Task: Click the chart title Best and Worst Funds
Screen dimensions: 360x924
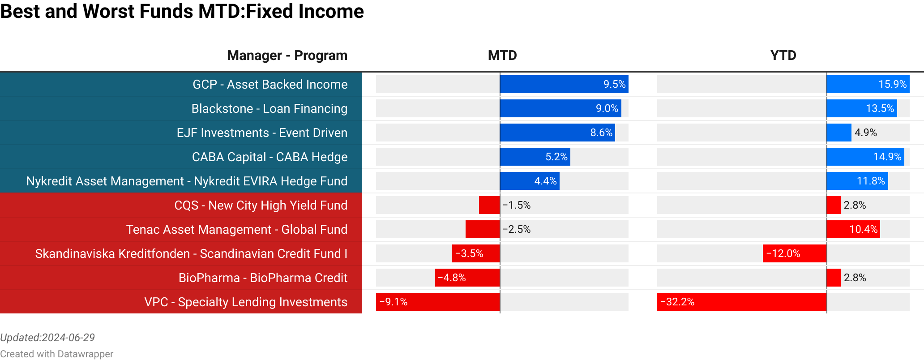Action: pyautogui.click(x=182, y=12)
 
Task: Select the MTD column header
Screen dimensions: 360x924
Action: pyautogui.click(x=502, y=56)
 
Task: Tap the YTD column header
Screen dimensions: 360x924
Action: pyautogui.click(x=783, y=56)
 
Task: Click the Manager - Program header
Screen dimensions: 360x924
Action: pyautogui.click(x=287, y=56)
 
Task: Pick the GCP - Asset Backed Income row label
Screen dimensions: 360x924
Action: pyautogui.click(x=270, y=85)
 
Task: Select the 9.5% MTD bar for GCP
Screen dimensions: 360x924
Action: pyautogui.click(x=564, y=85)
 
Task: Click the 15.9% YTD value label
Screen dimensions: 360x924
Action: pyautogui.click(x=892, y=85)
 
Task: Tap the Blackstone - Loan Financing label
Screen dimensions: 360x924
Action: pyautogui.click(x=269, y=109)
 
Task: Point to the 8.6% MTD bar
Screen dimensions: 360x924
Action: pyautogui.click(x=557, y=133)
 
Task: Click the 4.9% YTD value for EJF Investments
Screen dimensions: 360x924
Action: pyautogui.click(x=865, y=133)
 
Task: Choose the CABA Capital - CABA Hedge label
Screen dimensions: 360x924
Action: pyautogui.click(x=269, y=157)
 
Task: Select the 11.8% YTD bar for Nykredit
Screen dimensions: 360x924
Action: pyautogui.click(x=857, y=181)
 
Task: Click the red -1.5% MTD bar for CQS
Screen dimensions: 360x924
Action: pyautogui.click(x=489, y=206)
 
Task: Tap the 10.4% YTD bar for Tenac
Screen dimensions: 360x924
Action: pyautogui.click(x=853, y=230)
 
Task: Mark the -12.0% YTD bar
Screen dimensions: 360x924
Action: pyautogui.click(x=795, y=254)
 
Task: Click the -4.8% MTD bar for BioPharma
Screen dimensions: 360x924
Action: pyautogui.click(x=467, y=278)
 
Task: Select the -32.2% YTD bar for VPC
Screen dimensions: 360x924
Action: pyautogui.click(x=741, y=302)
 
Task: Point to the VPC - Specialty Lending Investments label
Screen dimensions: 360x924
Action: pyautogui.click(x=246, y=302)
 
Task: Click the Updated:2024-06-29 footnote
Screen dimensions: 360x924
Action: pyautogui.click(x=47, y=338)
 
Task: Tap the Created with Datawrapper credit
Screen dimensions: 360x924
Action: pyautogui.click(x=56, y=354)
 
